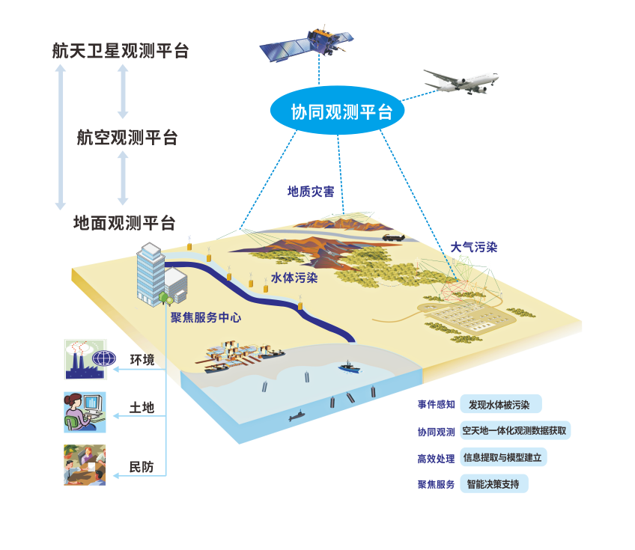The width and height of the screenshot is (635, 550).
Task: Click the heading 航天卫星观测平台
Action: click(x=120, y=51)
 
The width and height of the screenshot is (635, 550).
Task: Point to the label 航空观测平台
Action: click(x=127, y=138)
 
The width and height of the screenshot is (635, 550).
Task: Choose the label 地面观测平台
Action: click(x=124, y=223)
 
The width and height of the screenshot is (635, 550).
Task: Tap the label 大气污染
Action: click(x=473, y=247)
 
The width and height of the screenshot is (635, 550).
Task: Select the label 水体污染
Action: click(x=294, y=278)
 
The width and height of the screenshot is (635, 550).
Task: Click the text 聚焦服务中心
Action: click(x=205, y=317)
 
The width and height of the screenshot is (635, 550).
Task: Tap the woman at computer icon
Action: click(x=85, y=412)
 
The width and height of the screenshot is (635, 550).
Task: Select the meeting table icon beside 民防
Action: click(x=85, y=465)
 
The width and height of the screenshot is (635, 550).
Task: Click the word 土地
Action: click(x=142, y=408)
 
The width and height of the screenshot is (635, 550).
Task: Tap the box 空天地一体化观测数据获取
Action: click(x=514, y=431)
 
